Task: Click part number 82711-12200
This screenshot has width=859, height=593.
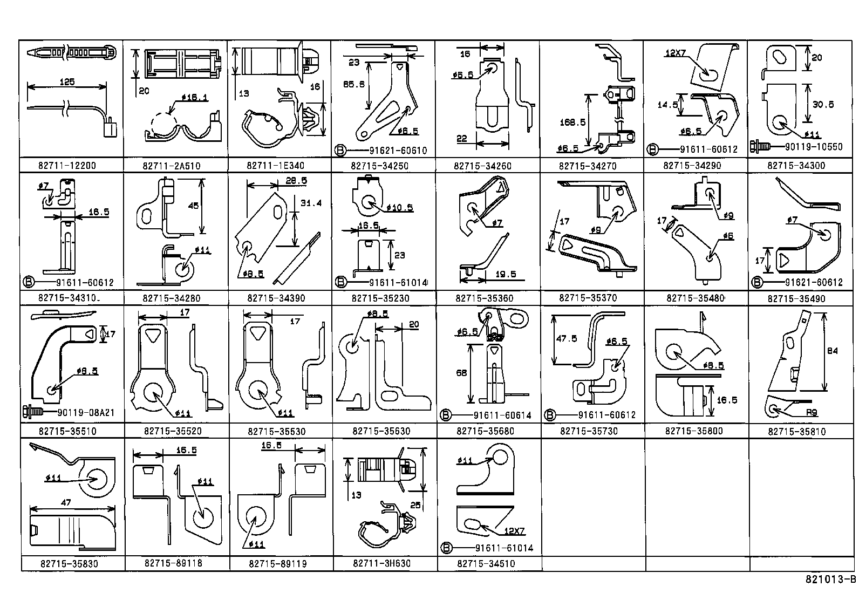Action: click(67, 166)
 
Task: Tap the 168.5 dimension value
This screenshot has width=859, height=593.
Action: click(572, 122)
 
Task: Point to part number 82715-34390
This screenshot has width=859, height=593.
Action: click(276, 298)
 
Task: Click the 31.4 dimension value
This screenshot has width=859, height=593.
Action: click(310, 203)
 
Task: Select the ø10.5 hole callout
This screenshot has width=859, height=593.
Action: click(400, 208)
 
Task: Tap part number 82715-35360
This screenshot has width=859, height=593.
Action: click(485, 298)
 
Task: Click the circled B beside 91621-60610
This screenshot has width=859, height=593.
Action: click(340, 151)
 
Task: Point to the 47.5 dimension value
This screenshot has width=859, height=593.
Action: click(566, 338)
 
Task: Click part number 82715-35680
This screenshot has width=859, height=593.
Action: click(485, 431)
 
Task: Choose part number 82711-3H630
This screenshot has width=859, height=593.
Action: click(381, 563)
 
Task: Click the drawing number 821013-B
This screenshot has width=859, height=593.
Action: click(830, 580)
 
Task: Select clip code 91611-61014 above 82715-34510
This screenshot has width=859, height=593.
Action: click(504, 548)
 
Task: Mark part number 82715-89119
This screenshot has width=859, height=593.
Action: click(278, 564)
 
